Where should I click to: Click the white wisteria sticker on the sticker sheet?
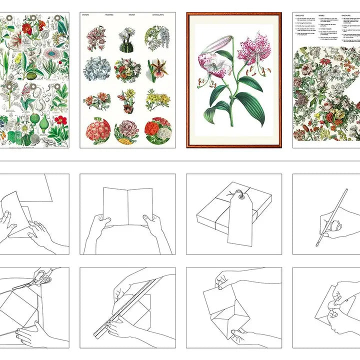click(156, 38)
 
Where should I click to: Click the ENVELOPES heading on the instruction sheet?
click(302, 16)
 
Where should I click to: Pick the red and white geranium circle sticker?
click(158, 129)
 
